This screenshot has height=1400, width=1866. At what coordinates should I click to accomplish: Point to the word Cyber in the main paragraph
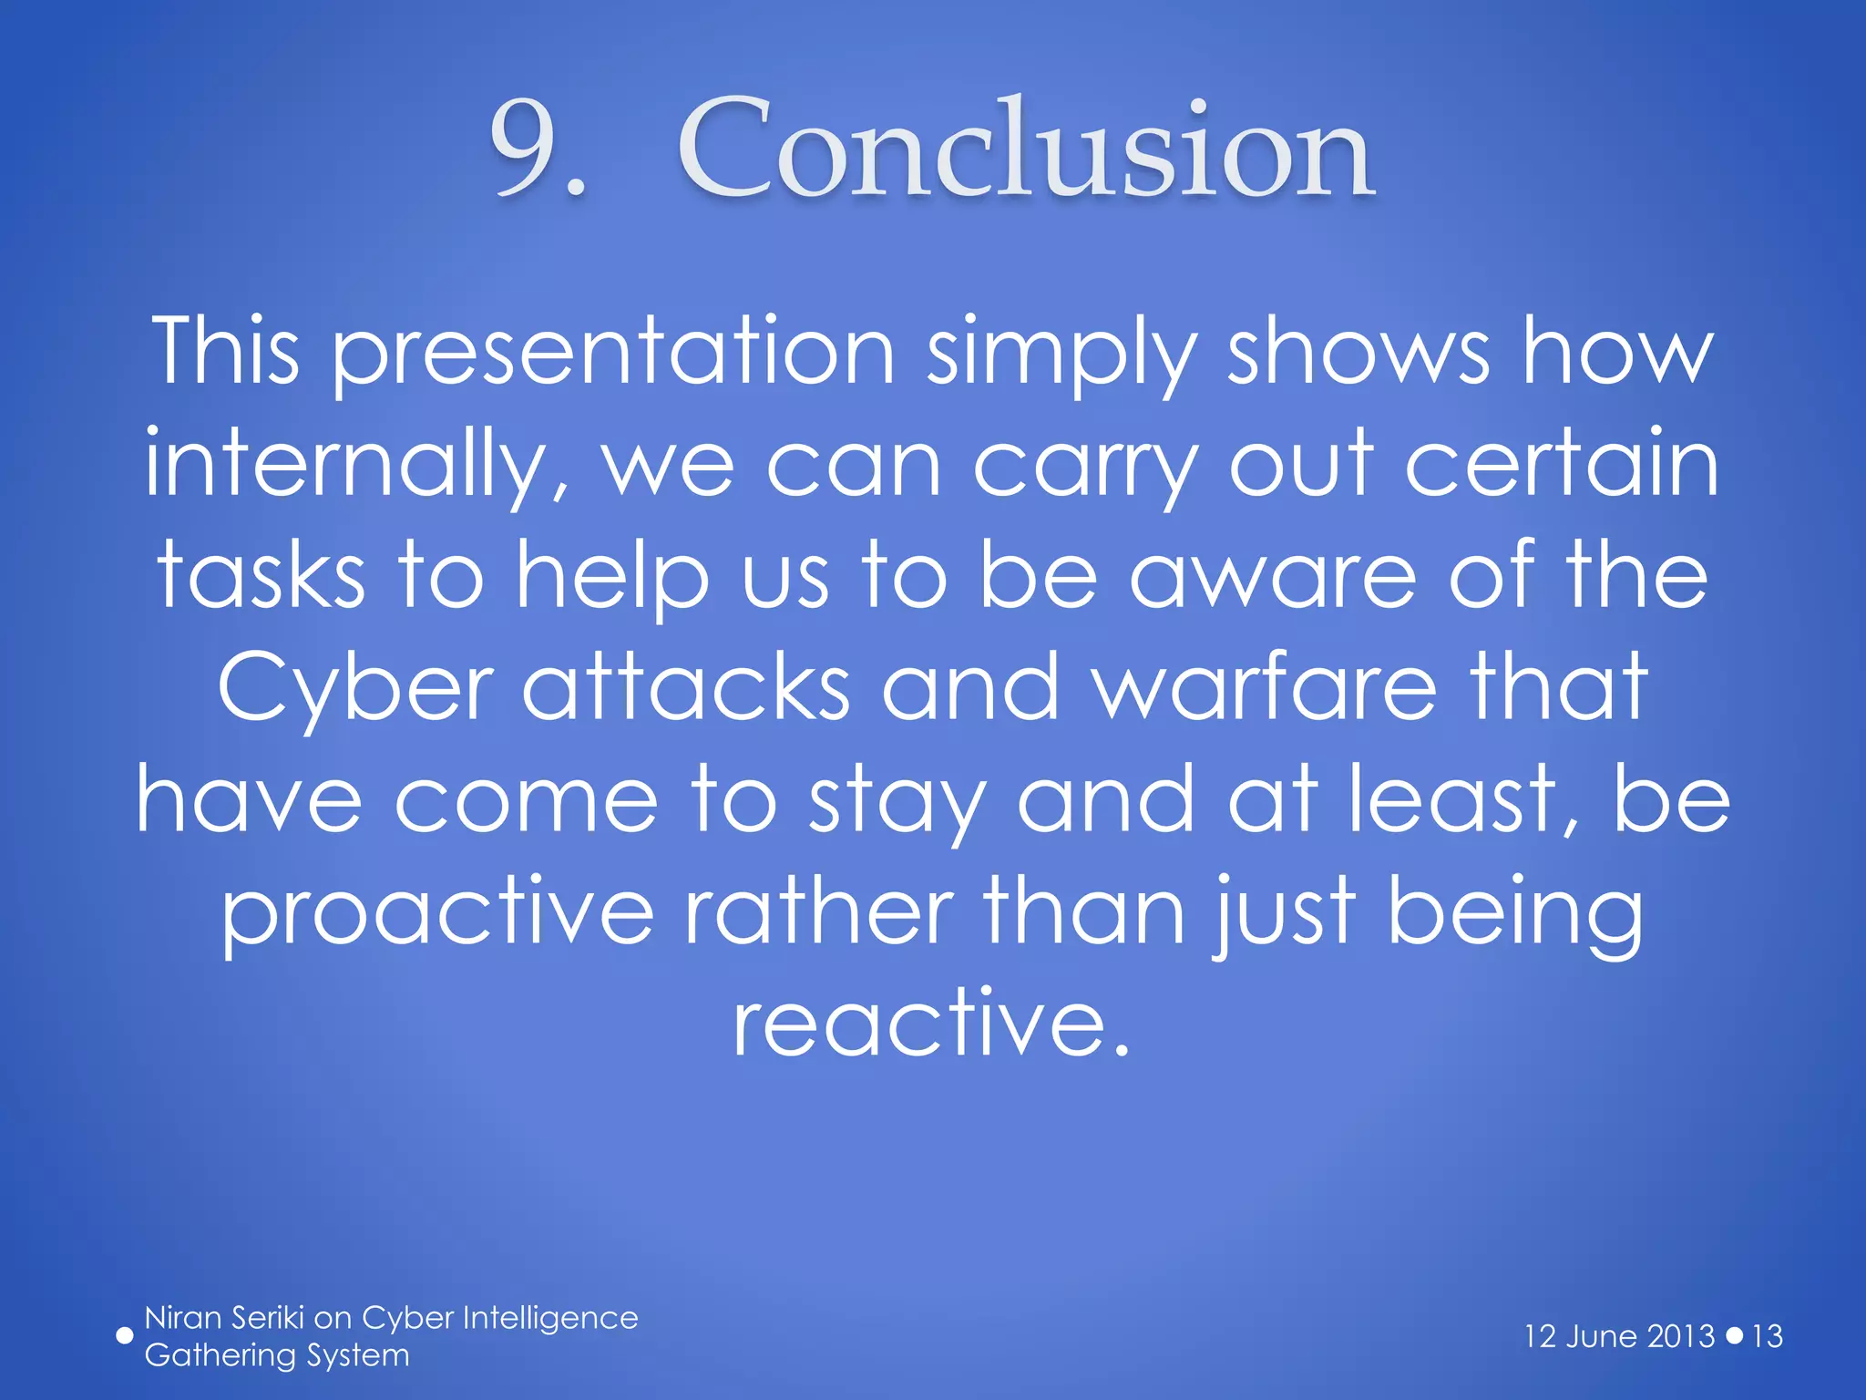coord(355,688)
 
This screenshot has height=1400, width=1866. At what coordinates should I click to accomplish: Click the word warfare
coord(1265,688)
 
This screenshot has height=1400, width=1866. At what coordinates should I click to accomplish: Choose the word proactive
coord(437,911)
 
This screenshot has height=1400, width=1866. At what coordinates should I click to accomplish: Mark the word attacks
coord(685,688)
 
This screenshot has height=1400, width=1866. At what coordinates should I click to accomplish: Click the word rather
coord(818,911)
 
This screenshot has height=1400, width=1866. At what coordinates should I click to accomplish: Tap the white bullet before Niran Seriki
coord(125,1336)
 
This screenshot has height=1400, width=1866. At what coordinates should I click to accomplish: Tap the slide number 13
coord(1767,1336)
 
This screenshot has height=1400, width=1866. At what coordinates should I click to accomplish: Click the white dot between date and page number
coord(1735,1336)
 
